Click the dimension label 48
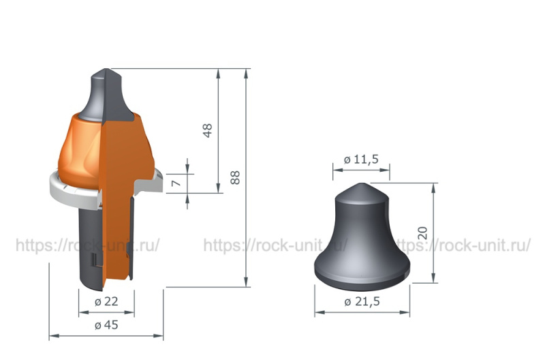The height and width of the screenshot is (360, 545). [207, 131]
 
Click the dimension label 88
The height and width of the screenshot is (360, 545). [235, 178]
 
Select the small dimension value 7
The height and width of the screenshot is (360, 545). [176, 183]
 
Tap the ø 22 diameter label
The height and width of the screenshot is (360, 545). [106, 301]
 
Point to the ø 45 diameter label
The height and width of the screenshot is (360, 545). [106, 325]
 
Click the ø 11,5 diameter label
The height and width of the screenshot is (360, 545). [361, 160]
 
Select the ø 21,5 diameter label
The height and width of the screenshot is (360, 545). [362, 301]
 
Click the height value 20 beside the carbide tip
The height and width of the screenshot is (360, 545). [422, 233]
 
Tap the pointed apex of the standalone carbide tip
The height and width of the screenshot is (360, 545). [362, 183]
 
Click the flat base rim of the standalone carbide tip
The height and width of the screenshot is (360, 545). [362, 278]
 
